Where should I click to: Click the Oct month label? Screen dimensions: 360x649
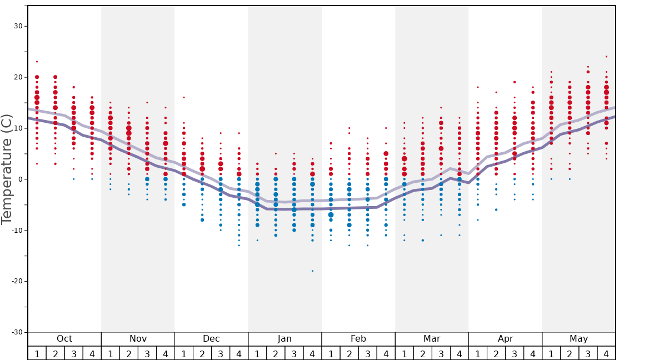[64, 339]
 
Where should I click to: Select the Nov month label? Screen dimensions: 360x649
[138, 339]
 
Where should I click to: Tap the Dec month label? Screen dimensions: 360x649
[211, 339]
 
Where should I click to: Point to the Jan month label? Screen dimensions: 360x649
[284, 339]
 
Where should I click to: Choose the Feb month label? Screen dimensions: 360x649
[358, 339]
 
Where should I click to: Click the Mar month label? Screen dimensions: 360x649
[432, 339]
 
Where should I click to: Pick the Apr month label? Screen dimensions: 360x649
[505, 339]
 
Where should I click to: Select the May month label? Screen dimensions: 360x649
[578, 339]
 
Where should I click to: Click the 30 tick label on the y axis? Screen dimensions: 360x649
[18, 26]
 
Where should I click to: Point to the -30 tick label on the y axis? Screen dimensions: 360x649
[16, 332]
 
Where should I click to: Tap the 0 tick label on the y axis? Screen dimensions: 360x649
[20, 179]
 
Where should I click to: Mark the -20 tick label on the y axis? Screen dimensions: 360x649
[16, 281]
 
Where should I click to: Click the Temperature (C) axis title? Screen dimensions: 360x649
[7, 170]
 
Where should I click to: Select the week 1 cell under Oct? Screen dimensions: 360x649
[37, 353]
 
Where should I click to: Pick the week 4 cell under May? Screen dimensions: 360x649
[606, 353]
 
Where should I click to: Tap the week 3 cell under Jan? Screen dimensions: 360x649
[294, 353]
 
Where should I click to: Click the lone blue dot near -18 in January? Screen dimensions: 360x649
[312, 271]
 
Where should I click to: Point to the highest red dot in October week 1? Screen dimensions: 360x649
[37, 62]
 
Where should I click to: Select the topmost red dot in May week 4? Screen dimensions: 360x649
[606, 57]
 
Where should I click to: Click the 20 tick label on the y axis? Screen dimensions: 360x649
[18, 77]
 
